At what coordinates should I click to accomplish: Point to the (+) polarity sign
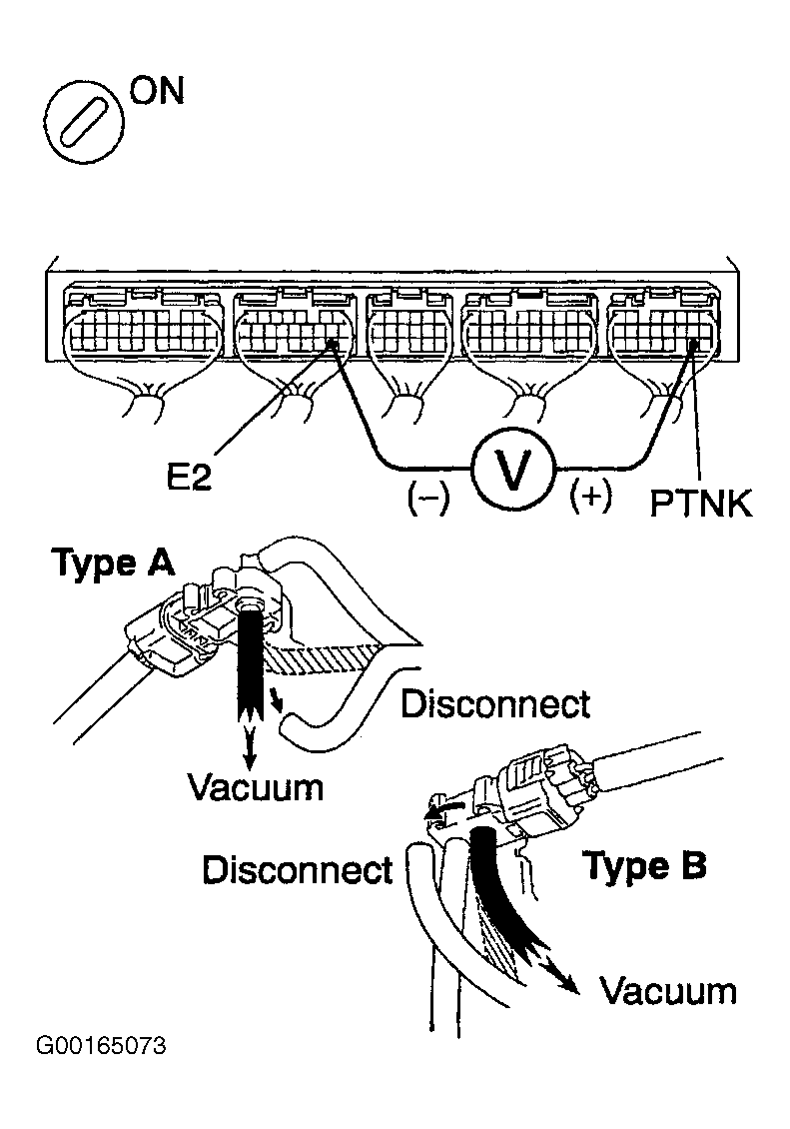tap(590, 497)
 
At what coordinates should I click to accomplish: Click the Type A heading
tap(113, 564)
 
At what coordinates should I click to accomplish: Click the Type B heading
tap(644, 866)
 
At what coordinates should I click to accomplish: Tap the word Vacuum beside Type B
tap(668, 991)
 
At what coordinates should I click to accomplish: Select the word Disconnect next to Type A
tap(495, 704)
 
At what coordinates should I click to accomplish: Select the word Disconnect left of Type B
tap(298, 868)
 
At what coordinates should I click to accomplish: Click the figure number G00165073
tap(100, 1047)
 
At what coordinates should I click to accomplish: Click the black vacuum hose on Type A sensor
tap(249, 659)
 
